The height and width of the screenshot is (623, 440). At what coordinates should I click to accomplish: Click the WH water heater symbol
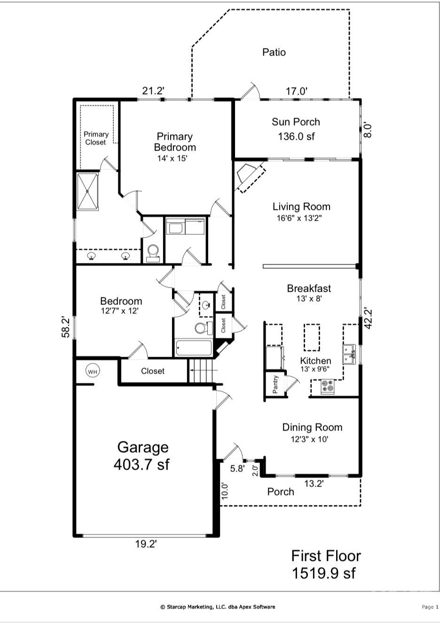[x=93, y=371]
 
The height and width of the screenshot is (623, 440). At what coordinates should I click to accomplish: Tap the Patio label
[x=274, y=52]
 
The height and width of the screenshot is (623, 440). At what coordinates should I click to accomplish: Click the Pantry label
[x=275, y=384]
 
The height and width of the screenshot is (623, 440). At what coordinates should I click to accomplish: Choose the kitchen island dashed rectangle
[x=312, y=337]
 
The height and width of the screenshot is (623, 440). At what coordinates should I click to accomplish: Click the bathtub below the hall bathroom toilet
[x=193, y=348]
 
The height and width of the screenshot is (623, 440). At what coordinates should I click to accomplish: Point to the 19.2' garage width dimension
[x=146, y=544]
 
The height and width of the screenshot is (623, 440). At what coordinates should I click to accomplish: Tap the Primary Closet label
[x=96, y=138]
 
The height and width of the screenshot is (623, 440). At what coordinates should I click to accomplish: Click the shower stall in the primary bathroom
[x=88, y=192]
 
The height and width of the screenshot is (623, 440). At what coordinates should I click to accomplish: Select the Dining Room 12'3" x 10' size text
[x=309, y=439]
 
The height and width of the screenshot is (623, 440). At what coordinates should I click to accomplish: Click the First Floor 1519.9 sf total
[x=325, y=564]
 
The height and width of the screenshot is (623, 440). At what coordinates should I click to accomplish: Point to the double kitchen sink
[x=349, y=354]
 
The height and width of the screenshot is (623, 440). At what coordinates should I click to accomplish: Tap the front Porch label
[x=281, y=492]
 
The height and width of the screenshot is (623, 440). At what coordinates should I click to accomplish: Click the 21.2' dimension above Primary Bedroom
[x=153, y=90]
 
